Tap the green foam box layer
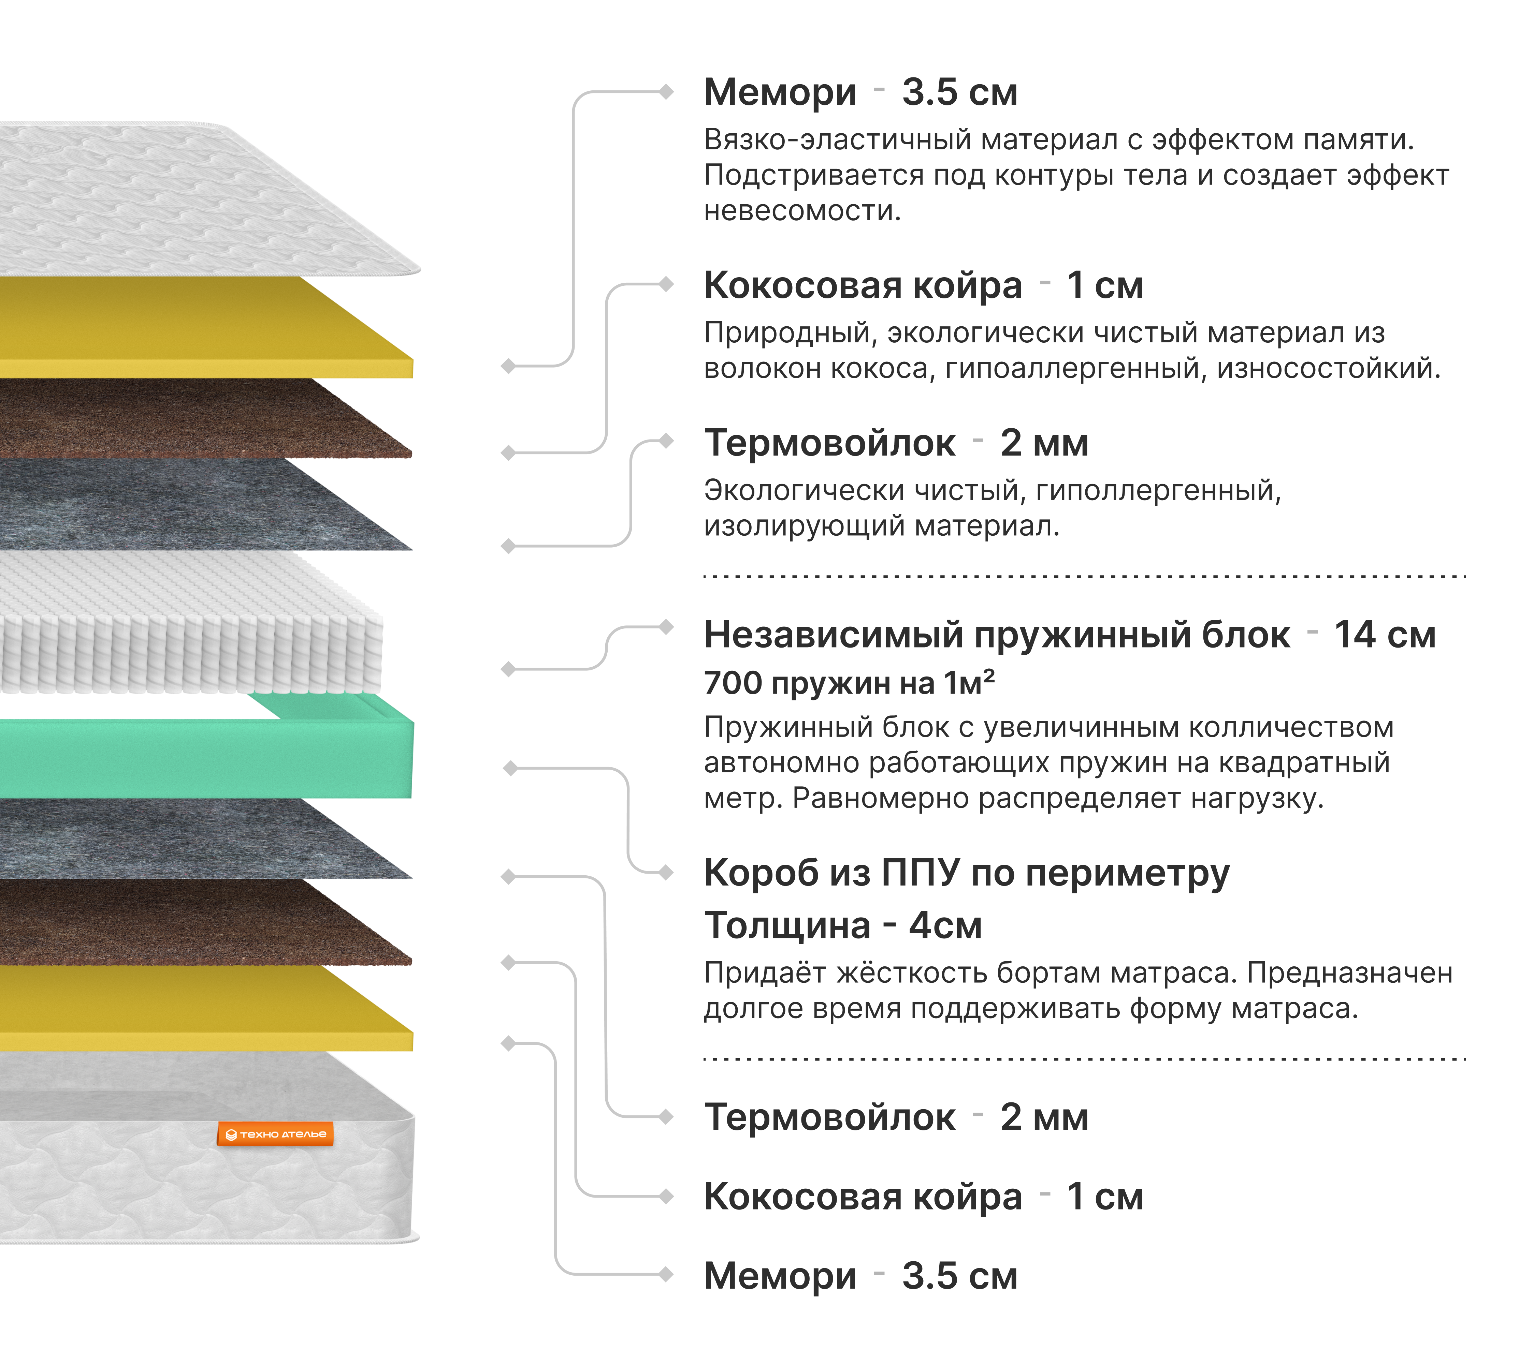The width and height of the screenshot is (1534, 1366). coord(203,758)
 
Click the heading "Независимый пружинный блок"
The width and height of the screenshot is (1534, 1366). coord(996,635)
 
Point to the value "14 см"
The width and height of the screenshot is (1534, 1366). coord(1385,635)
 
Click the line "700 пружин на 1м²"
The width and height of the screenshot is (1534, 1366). coord(849,683)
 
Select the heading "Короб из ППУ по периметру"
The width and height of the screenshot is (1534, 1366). coord(966,873)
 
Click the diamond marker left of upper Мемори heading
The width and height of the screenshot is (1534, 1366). coord(665,92)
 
